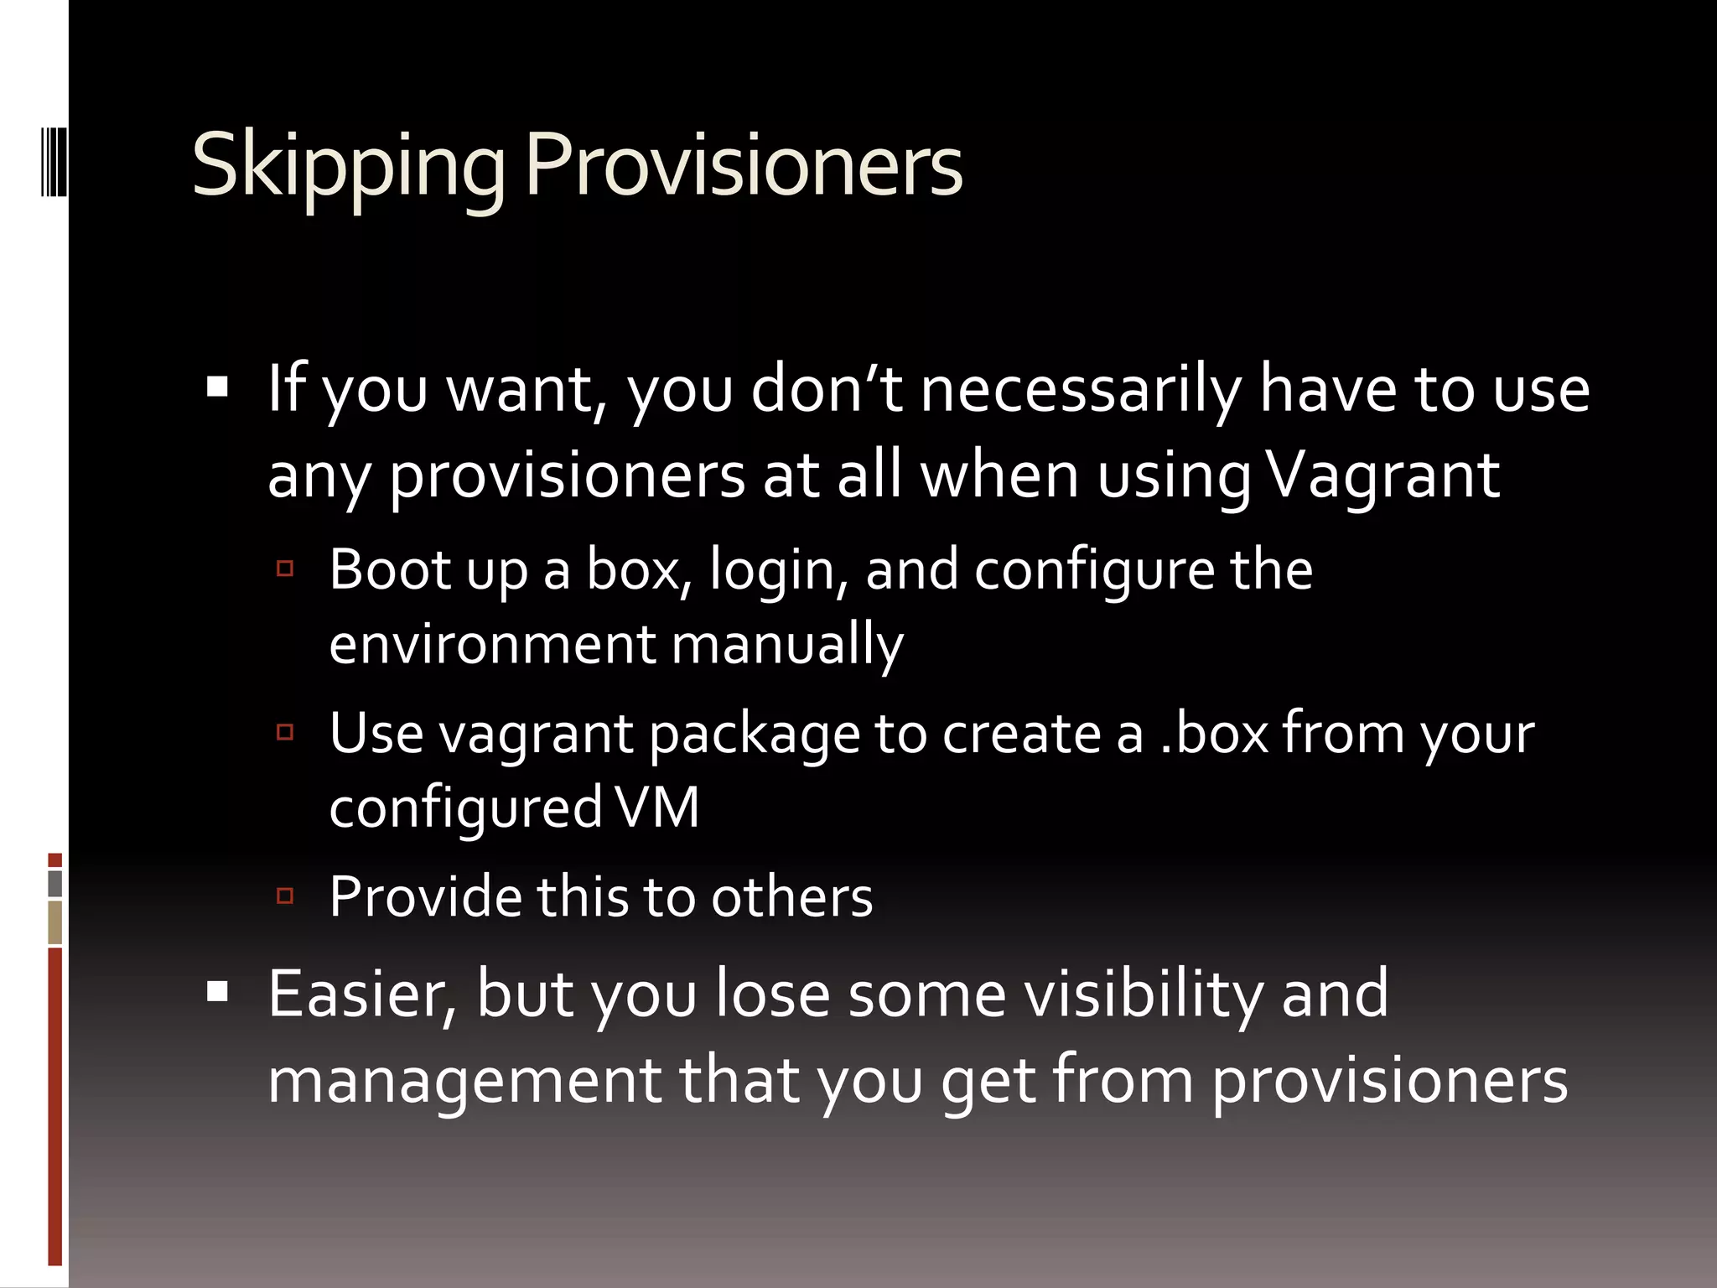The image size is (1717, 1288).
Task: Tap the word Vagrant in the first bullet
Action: tap(1382, 475)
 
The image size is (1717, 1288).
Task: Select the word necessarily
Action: tap(1082, 391)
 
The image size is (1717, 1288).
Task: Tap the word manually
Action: tap(787, 647)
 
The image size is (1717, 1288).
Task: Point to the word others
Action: tap(791, 897)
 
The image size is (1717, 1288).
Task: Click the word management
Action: tap(465, 1081)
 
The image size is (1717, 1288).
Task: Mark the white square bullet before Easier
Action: tap(218, 992)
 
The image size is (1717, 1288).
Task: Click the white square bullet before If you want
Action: tap(218, 387)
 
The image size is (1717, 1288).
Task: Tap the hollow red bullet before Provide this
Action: tap(285, 896)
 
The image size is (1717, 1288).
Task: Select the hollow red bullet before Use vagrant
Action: tap(285, 733)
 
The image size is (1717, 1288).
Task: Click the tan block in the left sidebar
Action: tap(55, 922)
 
